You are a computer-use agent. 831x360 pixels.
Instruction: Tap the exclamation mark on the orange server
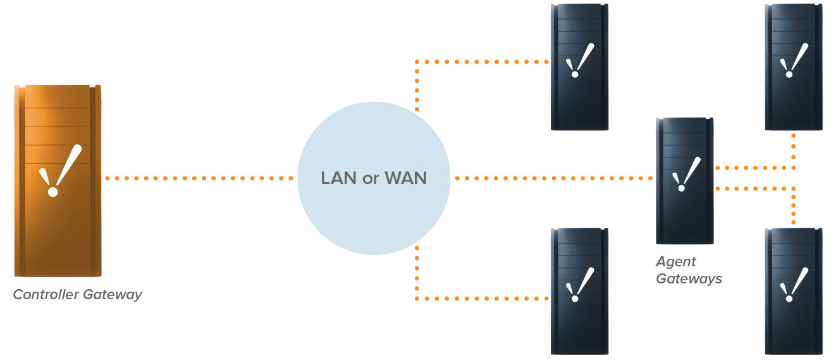[61, 170]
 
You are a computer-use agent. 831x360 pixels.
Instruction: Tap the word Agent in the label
[675, 261]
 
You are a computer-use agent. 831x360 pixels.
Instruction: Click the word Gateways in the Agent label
[689, 278]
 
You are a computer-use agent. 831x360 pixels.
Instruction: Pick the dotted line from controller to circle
[200, 178]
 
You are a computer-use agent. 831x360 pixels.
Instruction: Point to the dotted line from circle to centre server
[553, 178]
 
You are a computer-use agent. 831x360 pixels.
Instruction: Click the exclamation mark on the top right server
[794, 60]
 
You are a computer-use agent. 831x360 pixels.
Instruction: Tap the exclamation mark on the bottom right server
[794, 285]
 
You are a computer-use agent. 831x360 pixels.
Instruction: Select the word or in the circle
[371, 179]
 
